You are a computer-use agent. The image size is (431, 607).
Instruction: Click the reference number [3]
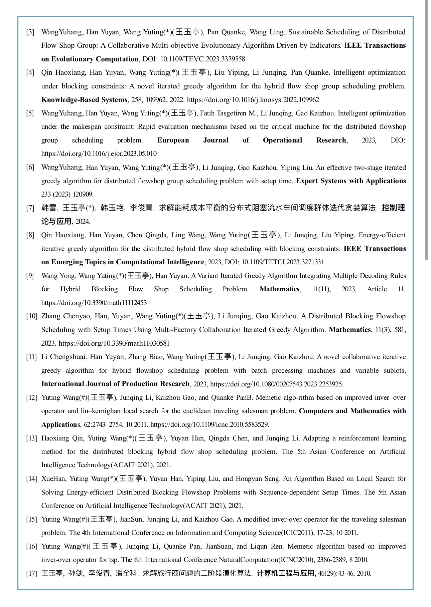[30, 32]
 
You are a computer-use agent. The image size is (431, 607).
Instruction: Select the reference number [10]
[31, 316]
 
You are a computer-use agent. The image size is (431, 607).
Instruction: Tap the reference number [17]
[31, 573]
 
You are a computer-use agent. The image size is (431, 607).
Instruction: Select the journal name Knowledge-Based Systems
[84, 100]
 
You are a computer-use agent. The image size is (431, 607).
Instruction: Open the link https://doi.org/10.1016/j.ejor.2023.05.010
[99, 154]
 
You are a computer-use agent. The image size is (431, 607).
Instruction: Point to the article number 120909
[83, 194]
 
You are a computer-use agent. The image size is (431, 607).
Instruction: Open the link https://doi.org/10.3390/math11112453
[94, 303]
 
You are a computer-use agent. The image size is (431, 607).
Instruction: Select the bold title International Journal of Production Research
[115, 384]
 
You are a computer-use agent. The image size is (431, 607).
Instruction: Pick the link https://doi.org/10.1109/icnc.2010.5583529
[209, 424]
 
